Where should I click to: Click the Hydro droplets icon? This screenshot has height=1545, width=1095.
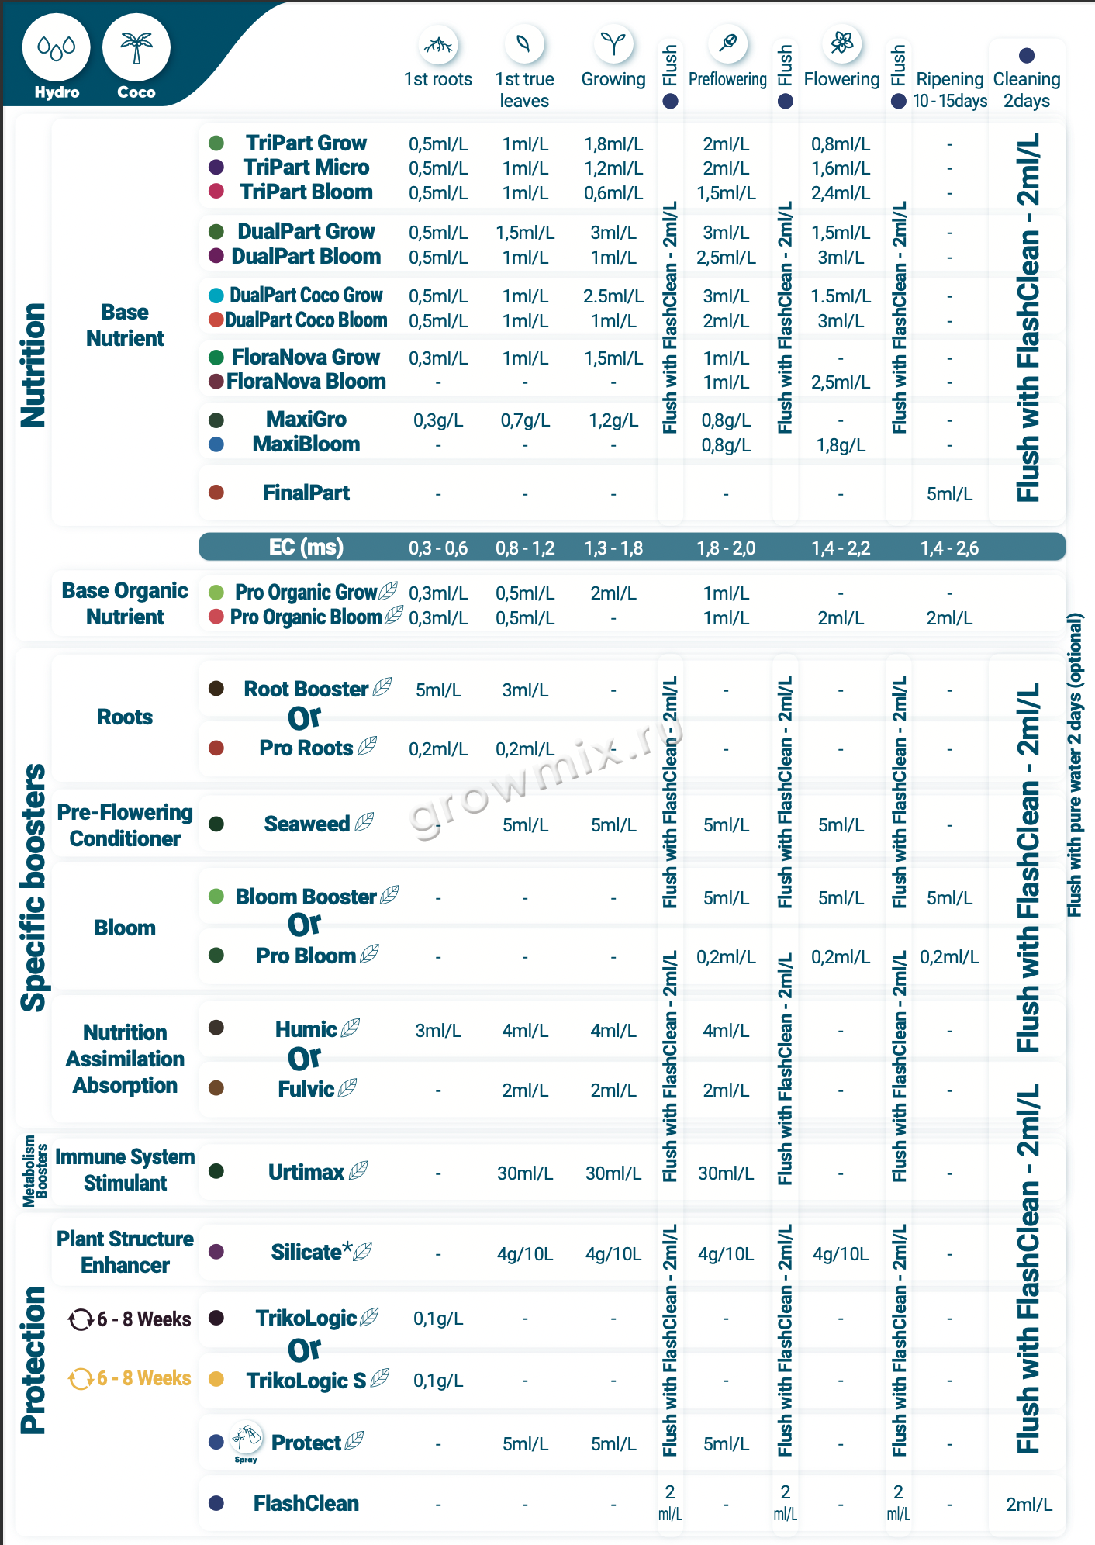coord(57,48)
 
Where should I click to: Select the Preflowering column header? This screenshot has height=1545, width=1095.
coord(727,79)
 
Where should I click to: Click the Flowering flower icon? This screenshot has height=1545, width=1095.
coord(841,43)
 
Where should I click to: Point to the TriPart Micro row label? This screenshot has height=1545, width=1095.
coord(306,168)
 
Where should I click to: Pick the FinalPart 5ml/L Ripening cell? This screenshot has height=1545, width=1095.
coord(949,494)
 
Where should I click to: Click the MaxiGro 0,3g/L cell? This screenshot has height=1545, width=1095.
coord(438,420)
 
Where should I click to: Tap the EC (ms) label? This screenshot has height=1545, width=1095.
coord(306,548)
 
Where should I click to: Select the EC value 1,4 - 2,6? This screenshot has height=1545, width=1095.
coord(949,548)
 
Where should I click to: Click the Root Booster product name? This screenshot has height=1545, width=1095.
coord(306,689)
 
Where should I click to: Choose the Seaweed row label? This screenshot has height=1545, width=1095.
coord(307,824)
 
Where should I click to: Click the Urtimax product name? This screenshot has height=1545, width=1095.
coord(306,1172)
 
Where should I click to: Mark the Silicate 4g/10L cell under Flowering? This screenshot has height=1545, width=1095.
coord(841,1254)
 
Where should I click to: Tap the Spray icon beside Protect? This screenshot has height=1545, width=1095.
coord(247,1440)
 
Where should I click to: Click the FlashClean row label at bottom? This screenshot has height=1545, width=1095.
coord(306,1503)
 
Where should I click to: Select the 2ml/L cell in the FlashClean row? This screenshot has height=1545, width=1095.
coord(1029,1505)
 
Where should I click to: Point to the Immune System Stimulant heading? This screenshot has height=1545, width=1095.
coord(126,1170)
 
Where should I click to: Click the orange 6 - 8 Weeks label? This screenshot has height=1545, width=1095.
coord(144,1377)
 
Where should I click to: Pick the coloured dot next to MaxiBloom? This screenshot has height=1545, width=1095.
coord(216,444)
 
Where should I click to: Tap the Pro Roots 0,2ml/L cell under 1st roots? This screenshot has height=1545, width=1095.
coord(438,749)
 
